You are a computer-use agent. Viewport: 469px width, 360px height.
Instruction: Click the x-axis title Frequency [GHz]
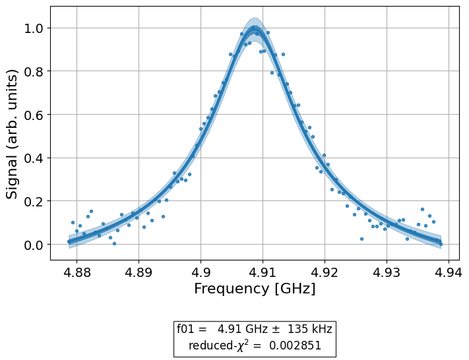tap(255, 289)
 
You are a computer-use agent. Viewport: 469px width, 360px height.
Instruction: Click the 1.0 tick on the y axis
tap(34, 28)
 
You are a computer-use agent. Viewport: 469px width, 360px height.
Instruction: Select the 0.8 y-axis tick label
tap(34, 71)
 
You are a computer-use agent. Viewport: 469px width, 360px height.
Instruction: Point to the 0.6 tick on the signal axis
tap(34, 115)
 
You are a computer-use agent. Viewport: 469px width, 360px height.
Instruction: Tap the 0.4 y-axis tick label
tap(34, 158)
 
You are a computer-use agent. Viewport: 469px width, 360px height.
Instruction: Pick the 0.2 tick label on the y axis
tap(34, 201)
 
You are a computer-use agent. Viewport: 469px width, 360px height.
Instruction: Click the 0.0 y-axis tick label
tap(34, 245)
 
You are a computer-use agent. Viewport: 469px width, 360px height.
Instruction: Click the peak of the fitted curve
tap(255, 28)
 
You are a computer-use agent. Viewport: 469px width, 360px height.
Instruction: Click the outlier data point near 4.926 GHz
tap(361, 239)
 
